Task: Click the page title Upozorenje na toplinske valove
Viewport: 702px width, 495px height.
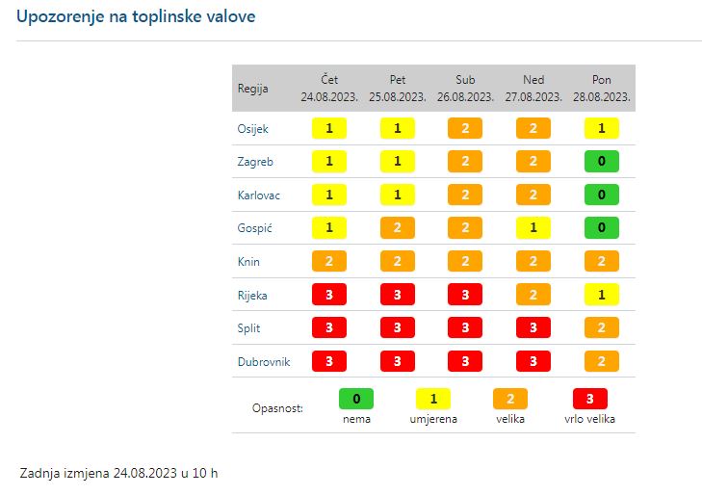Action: tap(136, 17)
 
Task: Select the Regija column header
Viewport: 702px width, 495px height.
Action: tap(252, 89)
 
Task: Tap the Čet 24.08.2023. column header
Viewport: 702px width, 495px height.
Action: tap(329, 89)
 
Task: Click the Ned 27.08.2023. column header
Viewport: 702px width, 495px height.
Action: tap(533, 89)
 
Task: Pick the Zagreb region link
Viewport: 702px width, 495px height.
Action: tap(255, 162)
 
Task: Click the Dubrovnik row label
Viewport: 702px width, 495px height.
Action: tap(264, 362)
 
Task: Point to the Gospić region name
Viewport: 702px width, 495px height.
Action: tap(254, 228)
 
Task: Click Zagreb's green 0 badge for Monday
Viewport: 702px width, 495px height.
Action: tap(601, 162)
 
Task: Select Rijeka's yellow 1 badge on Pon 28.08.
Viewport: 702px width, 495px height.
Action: tap(601, 295)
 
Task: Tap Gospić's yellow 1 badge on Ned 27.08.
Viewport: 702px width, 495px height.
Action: tap(533, 228)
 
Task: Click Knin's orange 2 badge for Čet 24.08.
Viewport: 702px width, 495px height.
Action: tap(329, 261)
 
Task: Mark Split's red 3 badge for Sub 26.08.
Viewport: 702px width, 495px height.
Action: tap(465, 328)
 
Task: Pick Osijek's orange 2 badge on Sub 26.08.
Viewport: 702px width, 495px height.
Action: tap(465, 128)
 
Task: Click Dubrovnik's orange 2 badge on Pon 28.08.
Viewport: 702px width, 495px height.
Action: tap(601, 362)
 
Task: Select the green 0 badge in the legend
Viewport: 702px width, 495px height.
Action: tap(356, 398)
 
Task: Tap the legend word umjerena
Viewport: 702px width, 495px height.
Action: tap(432, 419)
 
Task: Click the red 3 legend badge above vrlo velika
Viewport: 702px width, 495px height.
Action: tap(590, 398)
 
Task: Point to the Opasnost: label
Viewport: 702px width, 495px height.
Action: tap(277, 408)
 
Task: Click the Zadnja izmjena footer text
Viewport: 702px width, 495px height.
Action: tap(118, 474)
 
